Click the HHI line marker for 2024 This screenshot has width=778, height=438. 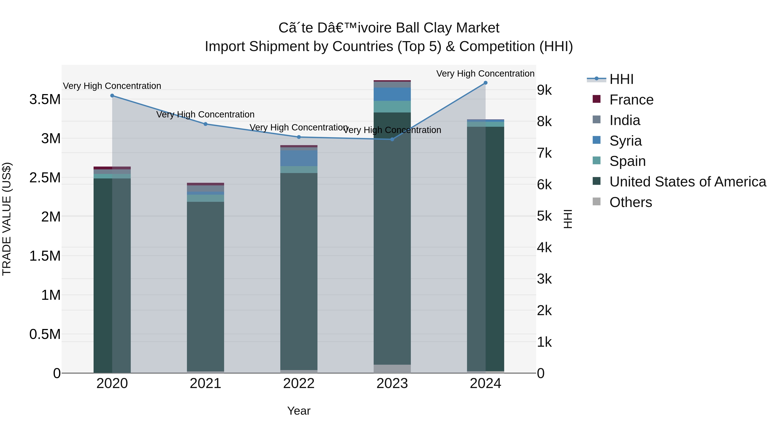tap(485, 83)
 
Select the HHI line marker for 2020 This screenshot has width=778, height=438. tap(112, 96)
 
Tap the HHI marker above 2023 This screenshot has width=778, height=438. tap(392, 139)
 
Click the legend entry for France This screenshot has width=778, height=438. tap(631, 100)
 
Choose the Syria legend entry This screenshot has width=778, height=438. tap(625, 141)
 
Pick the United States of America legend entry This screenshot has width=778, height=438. tap(687, 182)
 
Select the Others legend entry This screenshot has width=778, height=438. tap(630, 202)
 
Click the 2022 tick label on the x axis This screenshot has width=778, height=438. tap(299, 383)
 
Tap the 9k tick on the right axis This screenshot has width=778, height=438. tap(544, 90)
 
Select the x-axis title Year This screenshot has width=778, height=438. tap(299, 411)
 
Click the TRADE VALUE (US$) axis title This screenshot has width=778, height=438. tap(7, 219)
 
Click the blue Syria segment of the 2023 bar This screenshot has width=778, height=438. tap(392, 94)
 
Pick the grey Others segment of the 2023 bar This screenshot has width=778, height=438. tap(392, 369)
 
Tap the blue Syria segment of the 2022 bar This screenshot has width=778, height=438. tap(299, 158)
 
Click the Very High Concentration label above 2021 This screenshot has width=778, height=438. tap(205, 115)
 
